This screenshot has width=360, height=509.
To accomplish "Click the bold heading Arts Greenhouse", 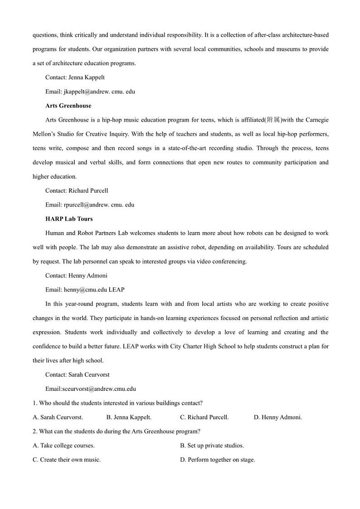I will (68, 106).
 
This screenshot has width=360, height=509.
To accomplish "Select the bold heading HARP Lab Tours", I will (69, 219).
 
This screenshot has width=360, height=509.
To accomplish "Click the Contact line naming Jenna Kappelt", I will (75, 78).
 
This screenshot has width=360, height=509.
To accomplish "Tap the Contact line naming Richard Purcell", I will (77, 191).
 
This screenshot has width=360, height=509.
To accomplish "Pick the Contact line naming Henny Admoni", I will (76, 276).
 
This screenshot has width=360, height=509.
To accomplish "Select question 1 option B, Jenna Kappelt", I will (129, 417).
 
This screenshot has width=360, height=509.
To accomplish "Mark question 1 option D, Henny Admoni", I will (277, 417).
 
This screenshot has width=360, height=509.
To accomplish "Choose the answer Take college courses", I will (64, 446).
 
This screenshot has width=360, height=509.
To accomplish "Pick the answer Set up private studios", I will (212, 446).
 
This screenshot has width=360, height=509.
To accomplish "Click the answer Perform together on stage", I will (218, 460).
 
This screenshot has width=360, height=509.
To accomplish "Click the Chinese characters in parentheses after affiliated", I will (274, 120).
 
